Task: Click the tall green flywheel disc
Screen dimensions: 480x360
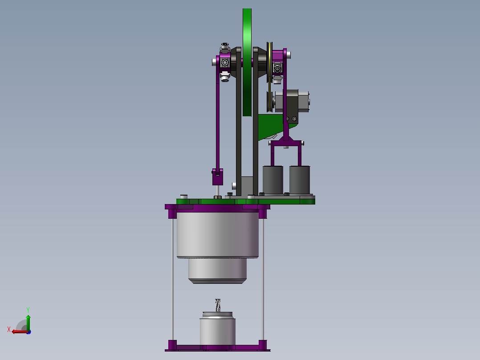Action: tap(247, 62)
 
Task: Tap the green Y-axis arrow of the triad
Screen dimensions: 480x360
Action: tap(28, 322)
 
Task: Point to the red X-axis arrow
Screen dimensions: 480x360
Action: tap(20, 331)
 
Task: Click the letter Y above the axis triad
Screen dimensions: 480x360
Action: tap(28, 310)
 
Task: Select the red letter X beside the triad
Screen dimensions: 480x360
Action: tap(9, 329)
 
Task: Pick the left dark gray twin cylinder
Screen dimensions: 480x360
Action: tap(273, 180)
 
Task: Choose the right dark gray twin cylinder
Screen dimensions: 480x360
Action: tap(300, 180)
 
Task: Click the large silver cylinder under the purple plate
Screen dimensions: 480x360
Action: tap(218, 235)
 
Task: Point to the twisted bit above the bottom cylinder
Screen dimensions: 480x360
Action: tap(218, 306)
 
